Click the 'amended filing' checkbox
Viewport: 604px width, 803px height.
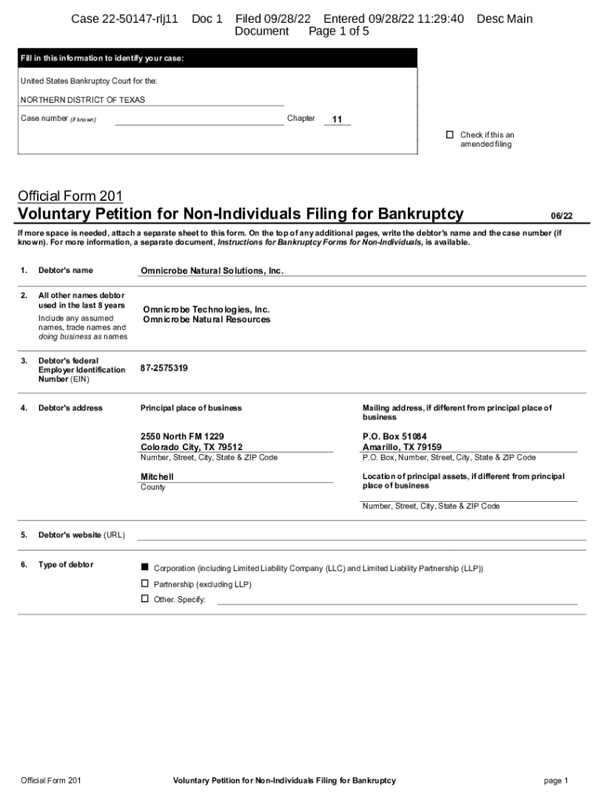[x=450, y=135]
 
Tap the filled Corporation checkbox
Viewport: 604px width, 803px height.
[x=144, y=567]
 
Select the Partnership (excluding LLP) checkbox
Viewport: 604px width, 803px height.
[x=144, y=584]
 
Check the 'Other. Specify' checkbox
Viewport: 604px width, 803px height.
[x=144, y=599]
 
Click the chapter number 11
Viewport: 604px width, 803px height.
[x=337, y=119]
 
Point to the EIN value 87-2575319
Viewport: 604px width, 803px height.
[x=164, y=368]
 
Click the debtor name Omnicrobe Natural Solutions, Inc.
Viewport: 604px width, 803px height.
[x=212, y=271]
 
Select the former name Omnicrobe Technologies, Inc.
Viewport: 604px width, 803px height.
[x=206, y=310]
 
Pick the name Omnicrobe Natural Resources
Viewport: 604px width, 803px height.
[x=206, y=320]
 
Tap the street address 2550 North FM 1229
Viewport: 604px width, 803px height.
[x=182, y=436]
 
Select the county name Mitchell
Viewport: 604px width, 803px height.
[x=157, y=477]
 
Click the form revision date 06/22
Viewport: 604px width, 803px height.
[x=562, y=216]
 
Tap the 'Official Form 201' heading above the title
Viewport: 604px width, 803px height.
[x=70, y=196]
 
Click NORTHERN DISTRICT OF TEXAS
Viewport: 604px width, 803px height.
[x=82, y=100]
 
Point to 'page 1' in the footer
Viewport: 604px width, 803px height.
[x=555, y=780]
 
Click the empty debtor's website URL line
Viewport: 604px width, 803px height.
[x=361, y=535]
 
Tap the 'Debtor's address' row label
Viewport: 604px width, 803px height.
[x=71, y=408]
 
